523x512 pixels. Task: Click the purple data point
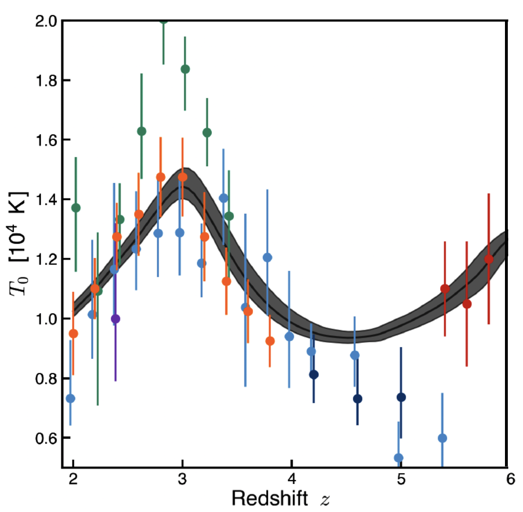(115, 319)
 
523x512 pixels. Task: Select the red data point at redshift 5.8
(489, 259)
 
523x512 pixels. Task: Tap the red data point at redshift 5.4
(445, 289)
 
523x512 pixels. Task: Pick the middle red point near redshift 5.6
(467, 304)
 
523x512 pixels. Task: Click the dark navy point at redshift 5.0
(401, 397)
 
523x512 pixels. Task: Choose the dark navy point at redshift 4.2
(314, 374)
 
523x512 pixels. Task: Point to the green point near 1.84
(185, 69)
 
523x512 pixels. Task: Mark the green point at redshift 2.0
(76, 208)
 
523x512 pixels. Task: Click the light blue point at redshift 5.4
(442, 438)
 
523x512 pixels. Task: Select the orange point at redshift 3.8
(270, 341)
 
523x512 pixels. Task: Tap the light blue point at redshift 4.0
(289, 337)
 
